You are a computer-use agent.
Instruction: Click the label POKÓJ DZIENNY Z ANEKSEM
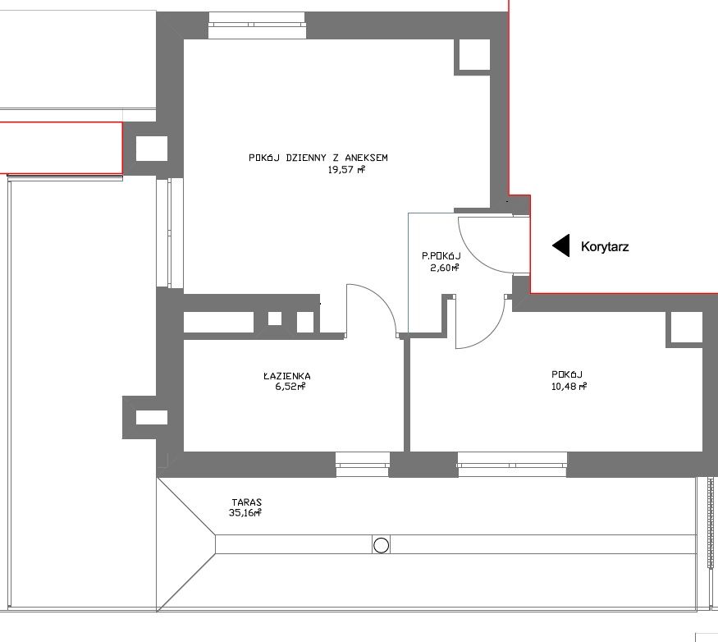[x=318, y=158]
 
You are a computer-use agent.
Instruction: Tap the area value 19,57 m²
[x=346, y=170]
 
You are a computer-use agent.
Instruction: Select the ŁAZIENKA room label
[x=287, y=376]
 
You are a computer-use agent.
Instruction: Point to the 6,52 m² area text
[x=290, y=387]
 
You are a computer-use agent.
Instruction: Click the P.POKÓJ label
[x=441, y=256]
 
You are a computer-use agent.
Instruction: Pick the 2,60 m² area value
[x=445, y=268]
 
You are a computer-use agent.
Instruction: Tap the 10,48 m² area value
[x=569, y=387]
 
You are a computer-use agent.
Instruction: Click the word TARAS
[x=247, y=502]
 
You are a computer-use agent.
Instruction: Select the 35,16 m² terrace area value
[x=245, y=513]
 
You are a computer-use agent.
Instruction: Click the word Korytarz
[x=605, y=246]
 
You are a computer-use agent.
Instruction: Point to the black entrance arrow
[x=561, y=245]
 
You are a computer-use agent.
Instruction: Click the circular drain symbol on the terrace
[x=381, y=545]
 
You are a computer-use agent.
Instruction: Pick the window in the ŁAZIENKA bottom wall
[x=362, y=465]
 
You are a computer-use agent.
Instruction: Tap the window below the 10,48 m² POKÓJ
[x=512, y=464]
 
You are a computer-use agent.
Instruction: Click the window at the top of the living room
[x=258, y=25]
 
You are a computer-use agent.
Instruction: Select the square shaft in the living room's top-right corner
[x=474, y=55]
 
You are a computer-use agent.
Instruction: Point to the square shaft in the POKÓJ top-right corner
[x=687, y=328]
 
